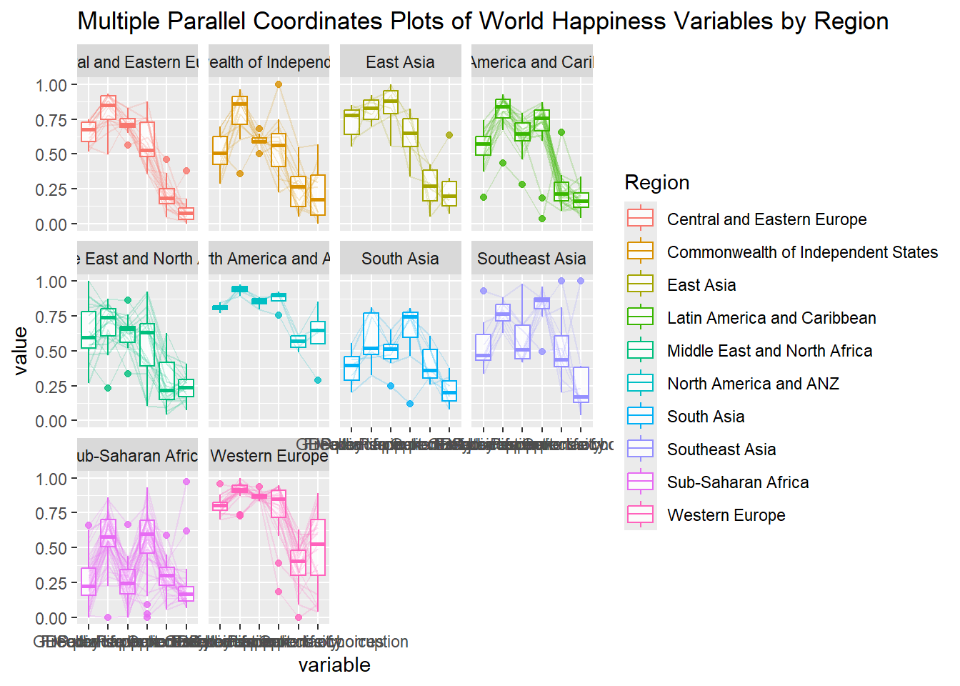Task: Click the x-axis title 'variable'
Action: tap(334, 665)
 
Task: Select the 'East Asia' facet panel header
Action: tap(400, 62)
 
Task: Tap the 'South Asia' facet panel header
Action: tap(400, 259)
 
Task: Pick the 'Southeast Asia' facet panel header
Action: tap(531, 259)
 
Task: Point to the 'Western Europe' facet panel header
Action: tap(269, 456)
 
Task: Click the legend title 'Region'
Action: tap(656, 183)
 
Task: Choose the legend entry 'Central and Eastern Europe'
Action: tap(766, 219)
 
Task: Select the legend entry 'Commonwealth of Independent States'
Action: tap(802, 252)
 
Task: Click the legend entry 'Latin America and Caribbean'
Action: tap(771, 318)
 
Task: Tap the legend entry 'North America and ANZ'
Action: tap(753, 384)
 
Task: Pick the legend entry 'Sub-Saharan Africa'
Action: tap(738, 482)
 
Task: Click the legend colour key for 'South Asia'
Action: tap(640, 417)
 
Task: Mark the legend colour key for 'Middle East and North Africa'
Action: tap(640, 351)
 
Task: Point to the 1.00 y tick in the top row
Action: tap(51, 85)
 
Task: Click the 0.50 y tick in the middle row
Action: tap(51, 352)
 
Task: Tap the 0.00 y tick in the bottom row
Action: tap(51, 618)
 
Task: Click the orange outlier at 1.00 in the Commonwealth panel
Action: tap(279, 84)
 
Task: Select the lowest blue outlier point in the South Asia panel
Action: tap(410, 404)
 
